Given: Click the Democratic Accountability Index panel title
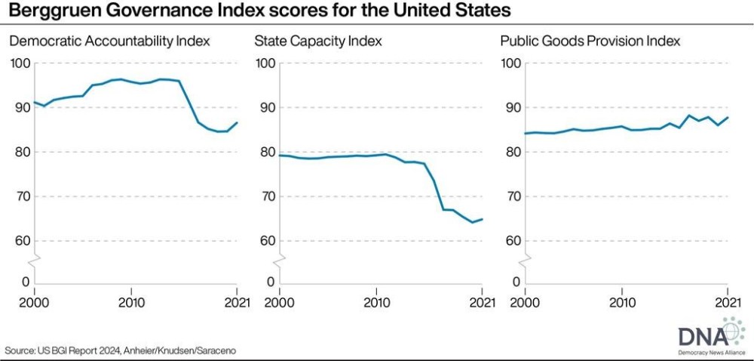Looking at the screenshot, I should point(109,41).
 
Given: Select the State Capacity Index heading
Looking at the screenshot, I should point(319,41).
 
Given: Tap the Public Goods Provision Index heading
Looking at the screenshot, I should point(590,41).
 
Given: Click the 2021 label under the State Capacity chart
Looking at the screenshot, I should point(483,304).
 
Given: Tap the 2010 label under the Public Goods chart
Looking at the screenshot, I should point(621,304).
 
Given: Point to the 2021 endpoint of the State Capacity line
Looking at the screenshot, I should point(483,219).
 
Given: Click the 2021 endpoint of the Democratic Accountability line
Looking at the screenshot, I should point(238,122).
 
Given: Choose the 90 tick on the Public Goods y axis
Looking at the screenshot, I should point(511,107).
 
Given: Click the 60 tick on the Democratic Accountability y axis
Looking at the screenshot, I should point(20,241).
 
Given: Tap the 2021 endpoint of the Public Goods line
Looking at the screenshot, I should point(728,118).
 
